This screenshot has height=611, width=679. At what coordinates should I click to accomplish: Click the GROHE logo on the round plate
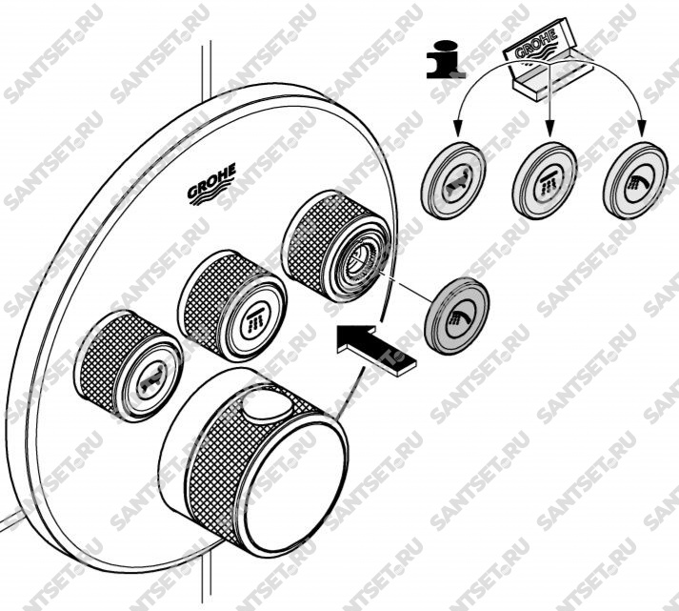pos(211,184)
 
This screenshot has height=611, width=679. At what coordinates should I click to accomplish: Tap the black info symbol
pos(446,59)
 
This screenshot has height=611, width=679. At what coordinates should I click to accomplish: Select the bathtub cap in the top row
pos(453,180)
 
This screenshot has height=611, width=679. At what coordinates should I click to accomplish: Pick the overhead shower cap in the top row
pos(545,179)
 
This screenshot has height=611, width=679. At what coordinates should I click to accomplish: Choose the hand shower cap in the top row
pos(636,180)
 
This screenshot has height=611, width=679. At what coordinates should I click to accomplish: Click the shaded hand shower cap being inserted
pos(457,315)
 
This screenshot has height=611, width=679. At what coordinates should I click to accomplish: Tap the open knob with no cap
pos(338,247)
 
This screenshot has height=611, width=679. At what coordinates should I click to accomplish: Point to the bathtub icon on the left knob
pos(149,380)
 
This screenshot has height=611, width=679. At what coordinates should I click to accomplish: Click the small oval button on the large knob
pos(268,407)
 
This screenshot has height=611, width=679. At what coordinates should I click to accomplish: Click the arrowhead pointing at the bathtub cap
pos(457,129)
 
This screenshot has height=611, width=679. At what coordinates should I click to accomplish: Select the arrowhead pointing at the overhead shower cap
pos(549,129)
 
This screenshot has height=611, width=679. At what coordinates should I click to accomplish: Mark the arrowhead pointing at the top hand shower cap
pos(641,129)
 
